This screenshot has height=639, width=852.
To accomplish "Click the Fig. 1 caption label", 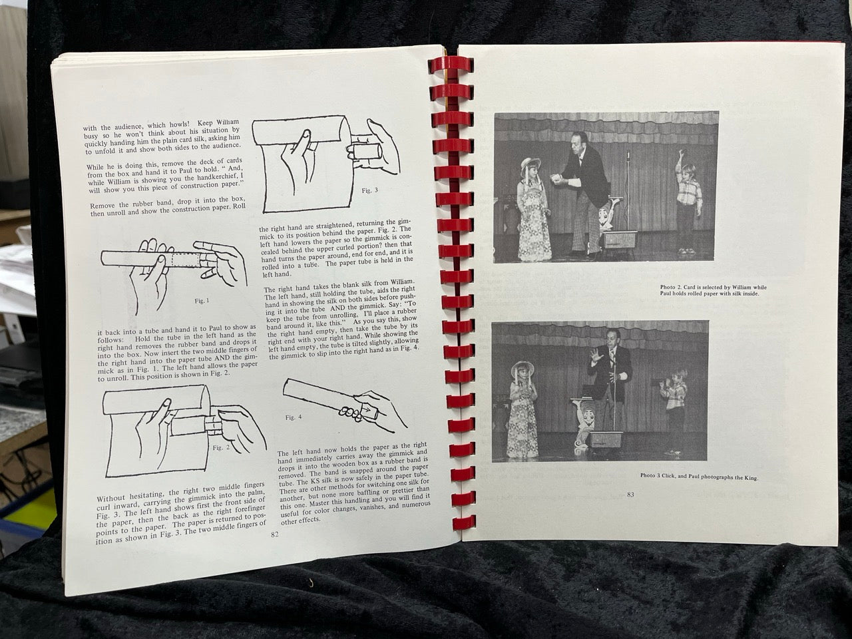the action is (202, 301).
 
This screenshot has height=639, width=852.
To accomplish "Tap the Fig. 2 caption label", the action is (221, 447).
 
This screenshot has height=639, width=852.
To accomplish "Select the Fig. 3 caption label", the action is (369, 190).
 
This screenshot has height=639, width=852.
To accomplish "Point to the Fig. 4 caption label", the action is (293, 417).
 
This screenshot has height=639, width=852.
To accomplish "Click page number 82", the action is (275, 534).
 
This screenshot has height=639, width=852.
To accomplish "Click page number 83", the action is (630, 495).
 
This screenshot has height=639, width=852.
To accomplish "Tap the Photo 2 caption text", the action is (714, 290).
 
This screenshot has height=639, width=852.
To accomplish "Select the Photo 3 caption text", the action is (699, 477).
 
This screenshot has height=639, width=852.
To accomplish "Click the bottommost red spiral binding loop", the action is (464, 523).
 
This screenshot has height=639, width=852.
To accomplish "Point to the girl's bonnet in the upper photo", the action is (531, 163).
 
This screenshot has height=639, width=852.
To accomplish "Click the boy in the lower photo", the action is (674, 409).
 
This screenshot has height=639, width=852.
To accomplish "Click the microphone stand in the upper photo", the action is (628, 194).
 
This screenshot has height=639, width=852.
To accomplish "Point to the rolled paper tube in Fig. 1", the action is (151, 258).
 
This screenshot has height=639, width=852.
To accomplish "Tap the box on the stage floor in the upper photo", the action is (620, 240).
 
